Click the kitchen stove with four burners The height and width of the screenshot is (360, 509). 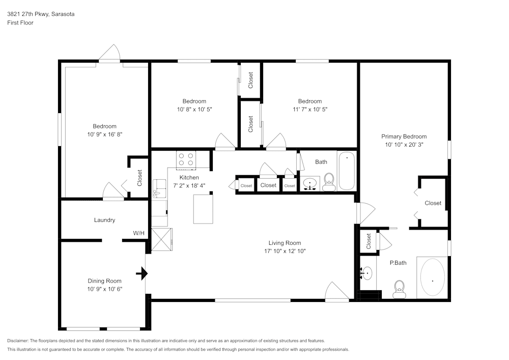pos(186,160)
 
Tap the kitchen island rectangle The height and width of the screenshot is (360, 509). pos(203,208)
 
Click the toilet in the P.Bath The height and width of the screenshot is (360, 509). pos(399,289)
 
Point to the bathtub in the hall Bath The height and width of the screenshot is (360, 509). pos(347,171)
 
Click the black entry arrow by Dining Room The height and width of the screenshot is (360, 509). pos(142,274)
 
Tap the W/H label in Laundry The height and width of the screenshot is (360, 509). pos(139,233)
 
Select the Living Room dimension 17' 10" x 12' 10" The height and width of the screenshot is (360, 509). pos(285,251)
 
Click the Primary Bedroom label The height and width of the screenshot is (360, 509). pos(404,136)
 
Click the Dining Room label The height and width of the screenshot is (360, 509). pos(104,281)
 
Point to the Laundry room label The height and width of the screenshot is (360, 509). pos(104,220)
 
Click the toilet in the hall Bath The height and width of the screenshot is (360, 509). pos(329,182)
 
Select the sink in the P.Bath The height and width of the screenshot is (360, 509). pos(366,273)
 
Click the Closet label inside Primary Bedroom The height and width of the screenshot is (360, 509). pos(433,203)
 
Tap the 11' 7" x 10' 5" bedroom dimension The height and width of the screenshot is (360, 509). pos(309,109)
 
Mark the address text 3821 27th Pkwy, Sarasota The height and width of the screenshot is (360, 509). pos(41,14)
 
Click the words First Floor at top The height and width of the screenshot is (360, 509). pos(20,23)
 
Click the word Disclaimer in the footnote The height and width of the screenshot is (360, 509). pos(18,341)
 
